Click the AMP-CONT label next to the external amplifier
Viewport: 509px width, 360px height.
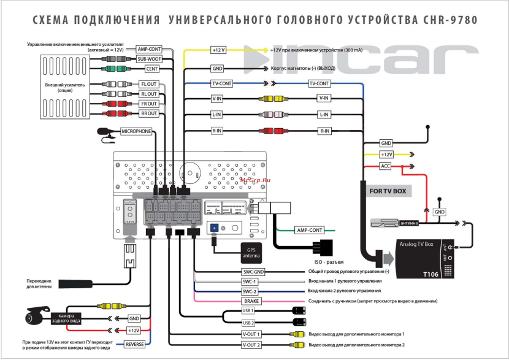pos(149,49)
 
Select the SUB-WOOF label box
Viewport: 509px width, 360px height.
pos(149,59)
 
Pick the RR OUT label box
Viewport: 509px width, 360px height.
pos(149,113)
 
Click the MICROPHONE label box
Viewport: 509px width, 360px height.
pos(136,131)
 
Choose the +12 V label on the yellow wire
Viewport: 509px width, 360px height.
pos(219,50)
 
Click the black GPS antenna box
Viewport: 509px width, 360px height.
pos(251,253)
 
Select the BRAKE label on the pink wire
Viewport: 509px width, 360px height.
pos(251,301)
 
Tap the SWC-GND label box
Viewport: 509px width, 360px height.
pos(251,271)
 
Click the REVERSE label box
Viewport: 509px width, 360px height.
pos(135,345)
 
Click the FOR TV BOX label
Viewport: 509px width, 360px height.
pos(388,191)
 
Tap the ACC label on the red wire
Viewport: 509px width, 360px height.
pos(386,166)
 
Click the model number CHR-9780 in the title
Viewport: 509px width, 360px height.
pos(450,20)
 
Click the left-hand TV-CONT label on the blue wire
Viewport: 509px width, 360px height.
pos(222,83)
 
